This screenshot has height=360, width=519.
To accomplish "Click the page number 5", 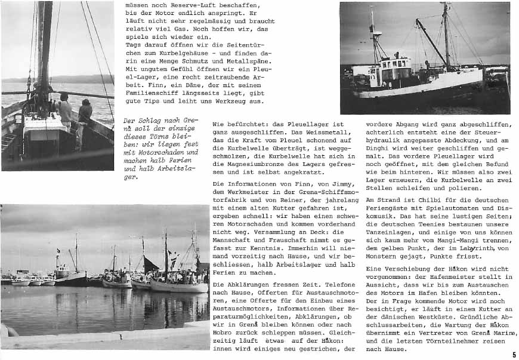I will [x=514, y=355].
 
